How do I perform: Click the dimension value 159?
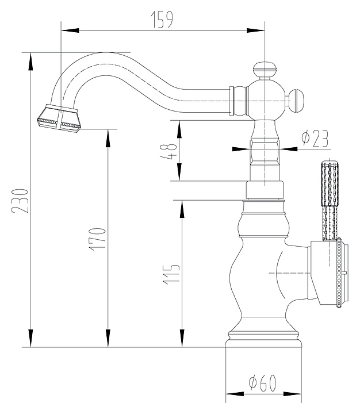coord(162,19)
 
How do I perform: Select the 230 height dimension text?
coord(20,201)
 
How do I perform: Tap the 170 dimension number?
coord(97,239)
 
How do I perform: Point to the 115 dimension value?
coord(171,274)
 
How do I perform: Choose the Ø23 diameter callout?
coord(315,138)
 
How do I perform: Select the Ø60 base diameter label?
coord(263,383)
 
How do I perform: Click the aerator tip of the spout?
coord(59,118)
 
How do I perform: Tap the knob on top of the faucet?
coord(265,70)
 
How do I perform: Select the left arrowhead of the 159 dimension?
coord(70,30)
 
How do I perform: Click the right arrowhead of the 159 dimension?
coord(255,30)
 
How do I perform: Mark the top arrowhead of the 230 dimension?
coord(31,62)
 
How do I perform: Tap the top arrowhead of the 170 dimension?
coord(108,139)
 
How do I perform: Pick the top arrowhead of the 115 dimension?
coord(182,209)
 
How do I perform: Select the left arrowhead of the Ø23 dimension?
coord(241,149)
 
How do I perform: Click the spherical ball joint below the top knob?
coord(266,100)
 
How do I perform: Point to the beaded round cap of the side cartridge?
coord(340,273)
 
